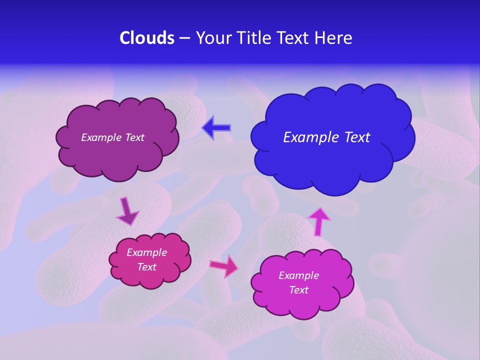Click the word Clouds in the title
point(147,38)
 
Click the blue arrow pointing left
point(217,128)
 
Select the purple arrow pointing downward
point(127,211)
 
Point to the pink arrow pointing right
point(224,266)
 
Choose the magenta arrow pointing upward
point(319,221)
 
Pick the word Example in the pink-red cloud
point(146,252)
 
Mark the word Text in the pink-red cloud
point(146,267)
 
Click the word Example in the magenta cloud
point(298,275)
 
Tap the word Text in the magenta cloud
point(298,290)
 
